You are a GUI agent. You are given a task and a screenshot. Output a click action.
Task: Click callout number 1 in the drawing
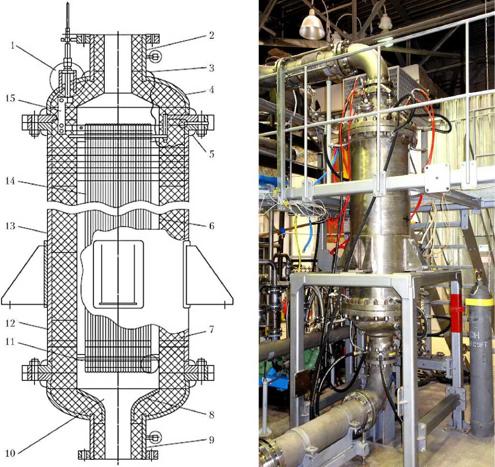click(x=12, y=46)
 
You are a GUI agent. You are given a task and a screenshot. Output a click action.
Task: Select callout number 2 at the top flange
click(x=211, y=35)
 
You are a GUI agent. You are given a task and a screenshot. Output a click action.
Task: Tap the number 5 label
click(x=212, y=154)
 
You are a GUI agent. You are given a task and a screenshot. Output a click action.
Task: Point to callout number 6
click(x=212, y=226)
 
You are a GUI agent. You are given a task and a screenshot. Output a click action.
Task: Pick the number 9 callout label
click(x=212, y=440)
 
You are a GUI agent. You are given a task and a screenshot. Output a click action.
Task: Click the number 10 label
click(x=10, y=454)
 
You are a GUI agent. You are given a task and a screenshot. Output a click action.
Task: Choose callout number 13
click(x=11, y=226)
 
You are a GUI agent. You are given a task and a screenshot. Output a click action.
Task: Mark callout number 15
click(x=11, y=98)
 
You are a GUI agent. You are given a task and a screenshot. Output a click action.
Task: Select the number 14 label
click(x=11, y=181)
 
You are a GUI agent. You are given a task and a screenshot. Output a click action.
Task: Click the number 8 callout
click(x=212, y=414)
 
